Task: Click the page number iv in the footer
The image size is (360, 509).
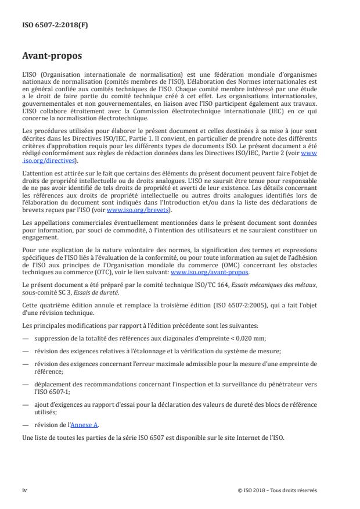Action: pos(24,490)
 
